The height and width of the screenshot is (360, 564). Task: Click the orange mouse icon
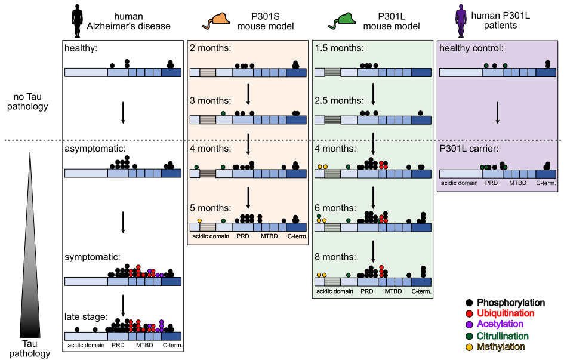click(217, 21)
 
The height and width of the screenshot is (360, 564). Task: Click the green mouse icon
click(342, 21)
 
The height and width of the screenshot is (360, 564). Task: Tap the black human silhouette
click(78, 21)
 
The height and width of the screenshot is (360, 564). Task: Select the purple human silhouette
click(461, 21)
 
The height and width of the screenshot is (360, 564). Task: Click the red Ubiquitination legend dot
click(469, 313)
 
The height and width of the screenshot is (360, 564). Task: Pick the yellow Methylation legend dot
click(469, 347)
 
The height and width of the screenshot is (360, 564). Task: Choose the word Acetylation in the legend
click(500, 324)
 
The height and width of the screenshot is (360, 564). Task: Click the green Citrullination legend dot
click(469, 336)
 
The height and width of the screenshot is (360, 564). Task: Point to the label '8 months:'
click(335, 257)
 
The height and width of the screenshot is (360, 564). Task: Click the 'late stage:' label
click(86, 317)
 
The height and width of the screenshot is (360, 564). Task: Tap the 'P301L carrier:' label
click(469, 149)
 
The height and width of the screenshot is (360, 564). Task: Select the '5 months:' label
click(211, 208)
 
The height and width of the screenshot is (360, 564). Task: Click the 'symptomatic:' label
click(93, 257)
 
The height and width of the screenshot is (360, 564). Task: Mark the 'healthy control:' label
click(471, 48)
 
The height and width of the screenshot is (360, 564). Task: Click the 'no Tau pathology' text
click(27, 101)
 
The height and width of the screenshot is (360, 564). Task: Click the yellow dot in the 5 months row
click(199, 220)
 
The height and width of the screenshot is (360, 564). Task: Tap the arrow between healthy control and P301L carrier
click(498, 113)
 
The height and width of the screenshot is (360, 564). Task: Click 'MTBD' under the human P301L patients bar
click(517, 183)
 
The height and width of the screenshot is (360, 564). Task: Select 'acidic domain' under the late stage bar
click(86, 345)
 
